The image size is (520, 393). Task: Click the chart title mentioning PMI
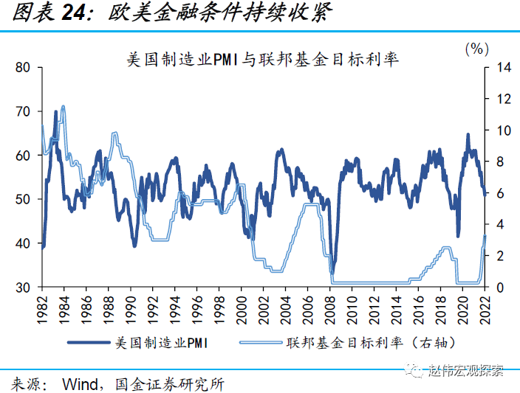click(x=263, y=60)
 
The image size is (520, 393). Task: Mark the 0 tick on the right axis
click(x=501, y=288)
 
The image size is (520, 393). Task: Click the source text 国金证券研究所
click(x=170, y=383)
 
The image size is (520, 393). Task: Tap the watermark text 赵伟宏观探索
click(x=467, y=371)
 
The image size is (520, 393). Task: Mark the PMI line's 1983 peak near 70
click(x=56, y=112)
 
